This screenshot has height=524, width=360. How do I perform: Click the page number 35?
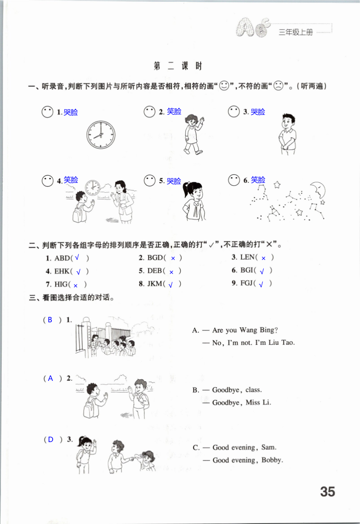pos(328,492)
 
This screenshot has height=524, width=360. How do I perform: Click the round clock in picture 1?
pos(101,135)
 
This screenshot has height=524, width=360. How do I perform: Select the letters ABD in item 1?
pos(63,258)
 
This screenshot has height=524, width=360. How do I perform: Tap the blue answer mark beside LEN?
pos(264,258)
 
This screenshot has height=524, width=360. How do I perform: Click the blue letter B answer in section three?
pos(50,320)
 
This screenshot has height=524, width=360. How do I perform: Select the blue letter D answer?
pos(50,440)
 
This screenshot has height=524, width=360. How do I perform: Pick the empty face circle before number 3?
pos(234,112)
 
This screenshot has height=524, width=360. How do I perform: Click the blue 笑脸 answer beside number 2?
pos(174,111)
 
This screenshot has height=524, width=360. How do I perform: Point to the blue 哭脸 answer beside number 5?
pos(174,181)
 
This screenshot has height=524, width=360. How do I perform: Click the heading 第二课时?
pos(178,66)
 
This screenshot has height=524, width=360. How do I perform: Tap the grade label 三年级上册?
pos(295,32)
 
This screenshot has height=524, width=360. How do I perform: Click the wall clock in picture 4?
pos(92,187)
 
